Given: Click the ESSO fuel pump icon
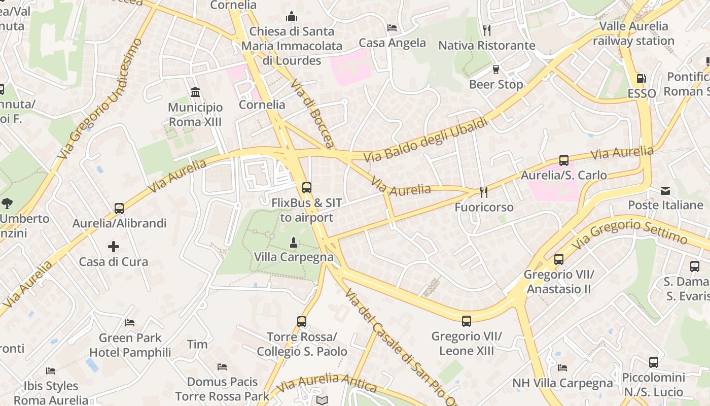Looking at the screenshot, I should [642, 79].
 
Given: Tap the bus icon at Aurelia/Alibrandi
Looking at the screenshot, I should [119, 208].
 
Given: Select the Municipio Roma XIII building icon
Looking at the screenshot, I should [195, 92].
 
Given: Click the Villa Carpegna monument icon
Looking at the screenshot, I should [293, 242].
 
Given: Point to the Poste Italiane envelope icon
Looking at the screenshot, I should [665, 191].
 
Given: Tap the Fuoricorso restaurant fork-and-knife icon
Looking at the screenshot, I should [484, 192].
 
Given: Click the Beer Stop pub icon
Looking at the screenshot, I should [496, 69].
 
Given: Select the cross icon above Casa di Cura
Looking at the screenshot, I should [114, 247].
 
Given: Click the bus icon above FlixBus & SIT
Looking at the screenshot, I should [307, 187].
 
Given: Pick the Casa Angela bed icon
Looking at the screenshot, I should [392, 27].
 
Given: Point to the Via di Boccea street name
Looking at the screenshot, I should [312, 113].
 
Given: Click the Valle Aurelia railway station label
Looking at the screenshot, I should [633, 33].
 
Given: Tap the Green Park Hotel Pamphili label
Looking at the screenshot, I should [130, 345].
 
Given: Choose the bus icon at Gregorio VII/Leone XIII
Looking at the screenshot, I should [467, 321].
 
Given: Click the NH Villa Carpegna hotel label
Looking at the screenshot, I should [562, 383].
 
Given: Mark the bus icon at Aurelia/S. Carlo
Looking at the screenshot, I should [564, 160].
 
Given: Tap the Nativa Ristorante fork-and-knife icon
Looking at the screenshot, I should [487, 30].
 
